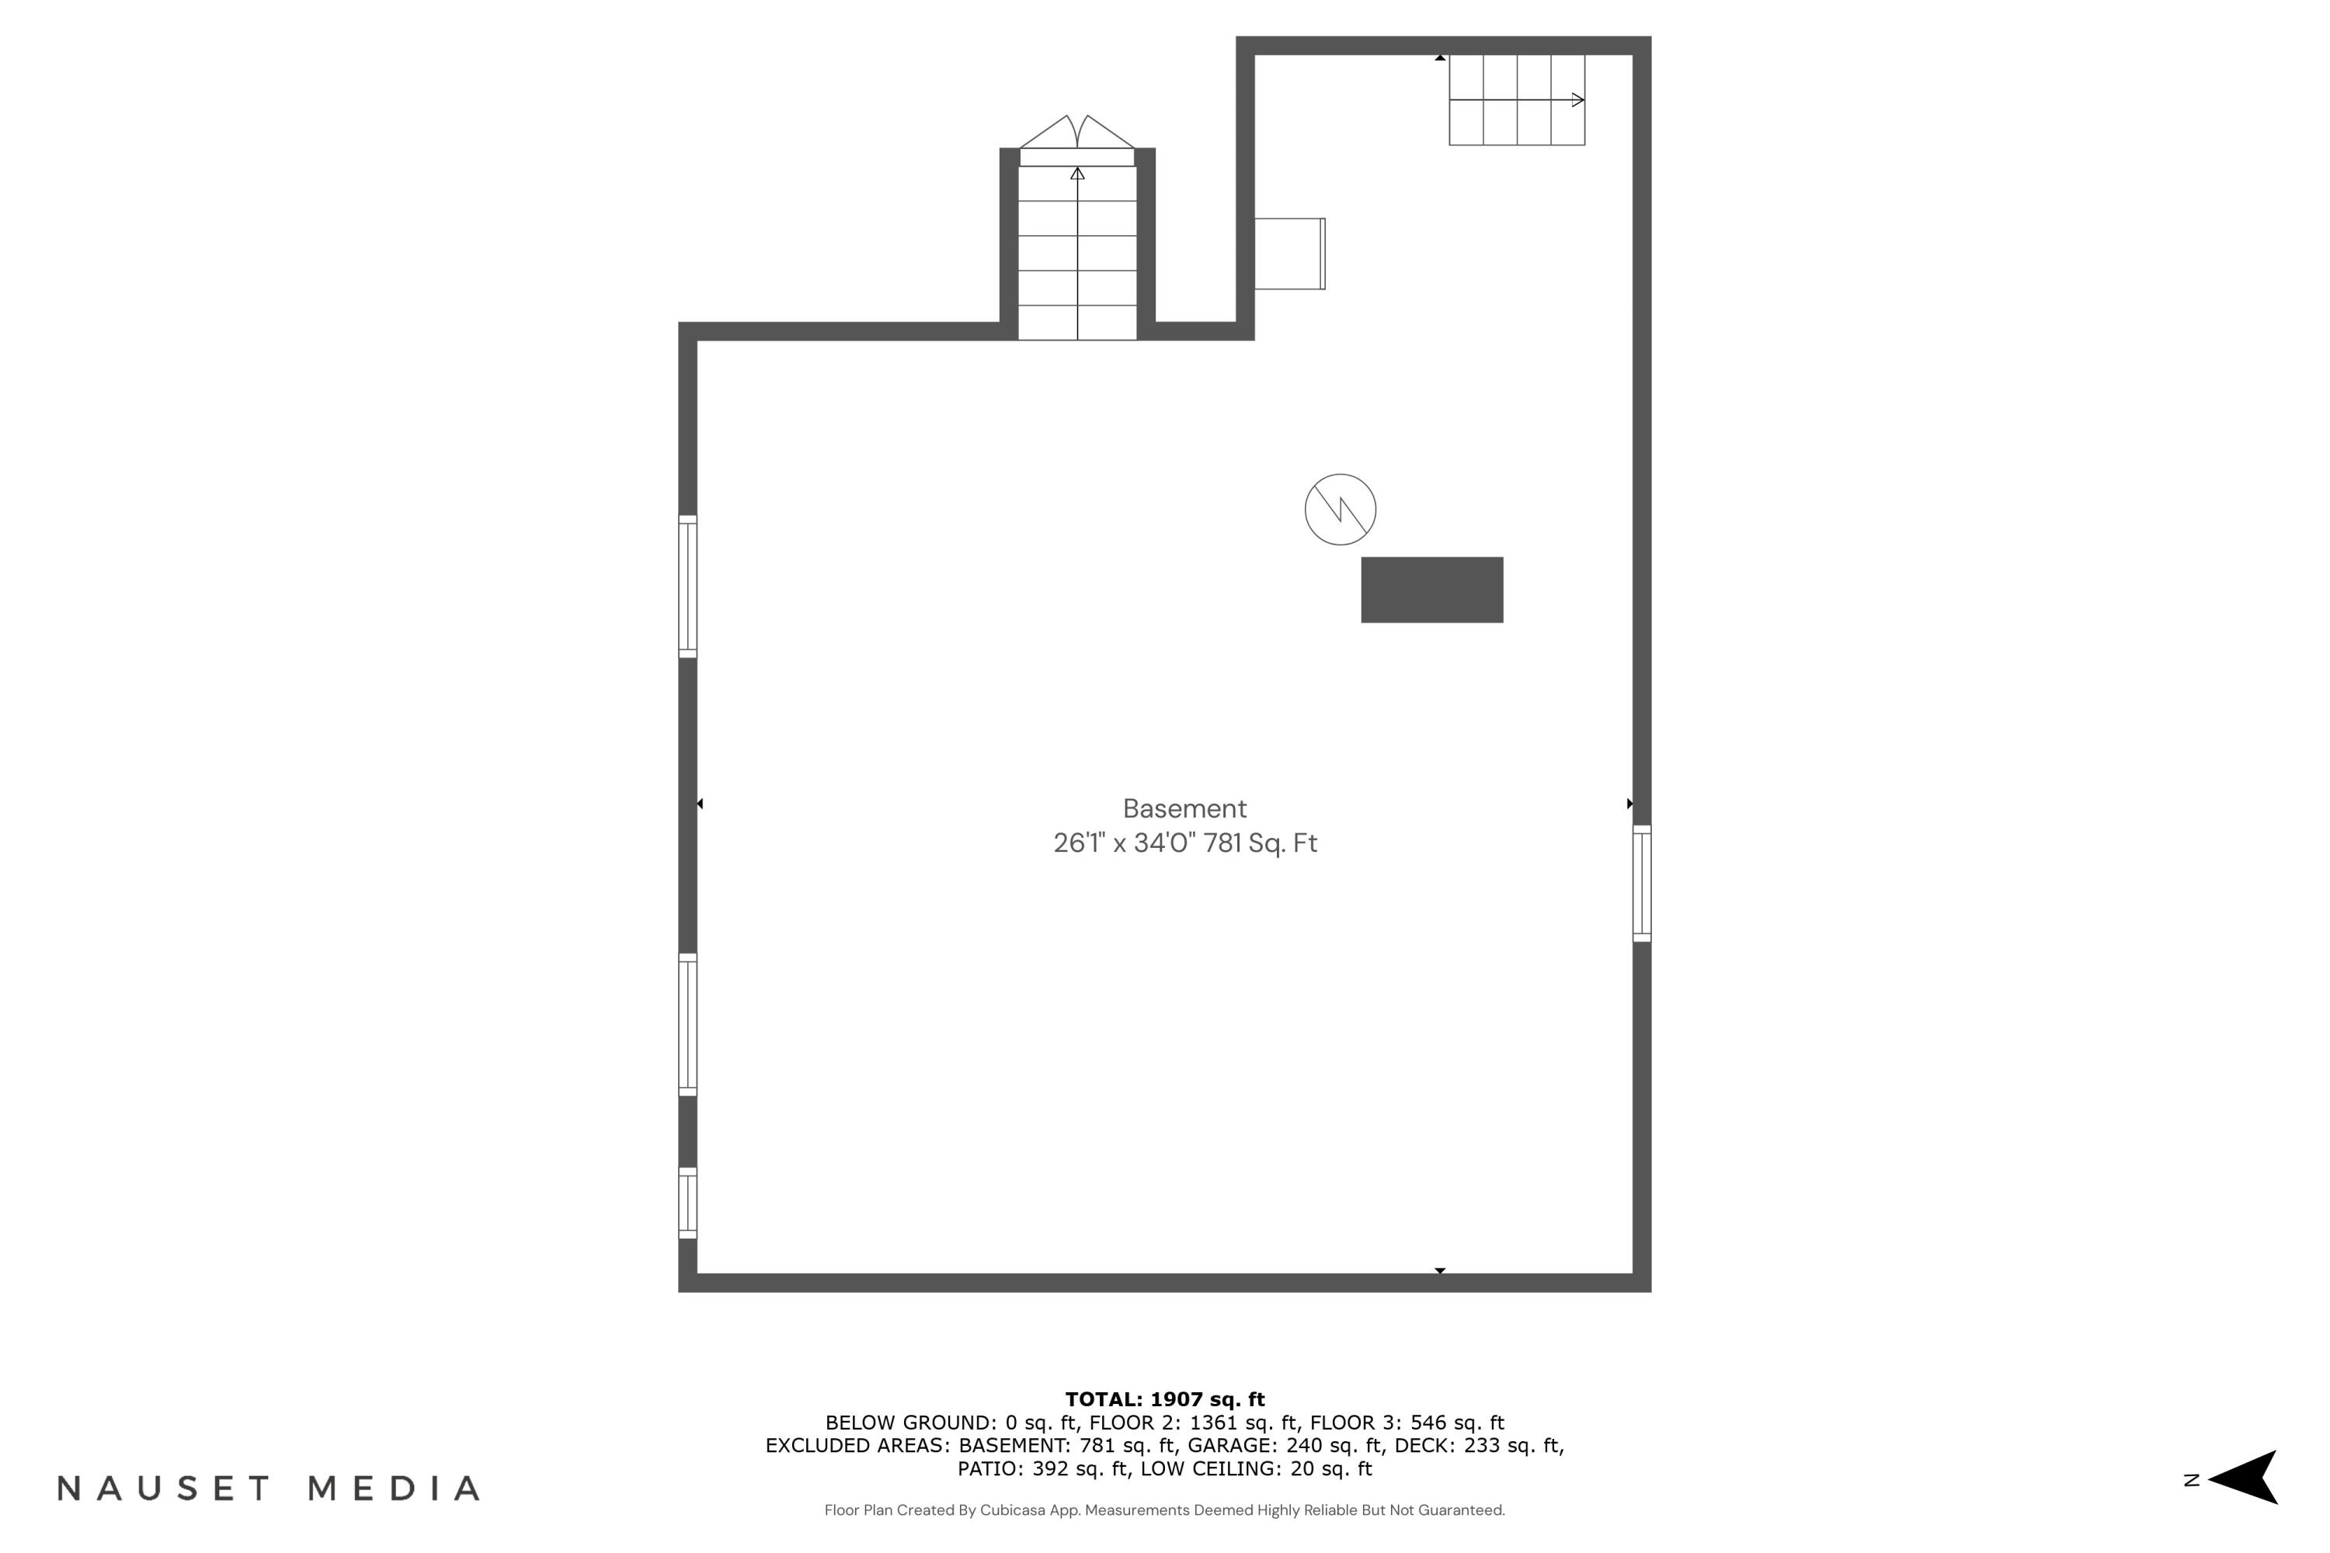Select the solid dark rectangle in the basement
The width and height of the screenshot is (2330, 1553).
[1431, 589]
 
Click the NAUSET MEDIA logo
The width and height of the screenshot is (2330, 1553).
[269, 1488]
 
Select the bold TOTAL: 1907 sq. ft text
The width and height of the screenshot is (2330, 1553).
[1164, 1398]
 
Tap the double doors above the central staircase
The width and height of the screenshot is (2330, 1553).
[1076, 134]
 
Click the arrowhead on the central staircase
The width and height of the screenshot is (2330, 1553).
[1076, 173]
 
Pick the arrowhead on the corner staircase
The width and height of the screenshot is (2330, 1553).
[1578, 100]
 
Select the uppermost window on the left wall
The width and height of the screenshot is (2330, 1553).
[687, 585]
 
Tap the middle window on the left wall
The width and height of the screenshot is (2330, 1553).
[687, 1024]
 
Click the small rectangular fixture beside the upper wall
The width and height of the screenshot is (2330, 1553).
[1288, 254]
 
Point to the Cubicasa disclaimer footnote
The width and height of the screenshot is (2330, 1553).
[1164, 1510]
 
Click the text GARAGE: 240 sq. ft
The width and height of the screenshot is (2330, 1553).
[1285, 1445]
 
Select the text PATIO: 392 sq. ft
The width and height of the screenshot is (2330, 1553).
[1042, 1469]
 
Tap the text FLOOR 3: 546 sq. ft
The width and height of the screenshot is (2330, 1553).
[1407, 1423]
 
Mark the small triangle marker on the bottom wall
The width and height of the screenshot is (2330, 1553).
[1441, 1270]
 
